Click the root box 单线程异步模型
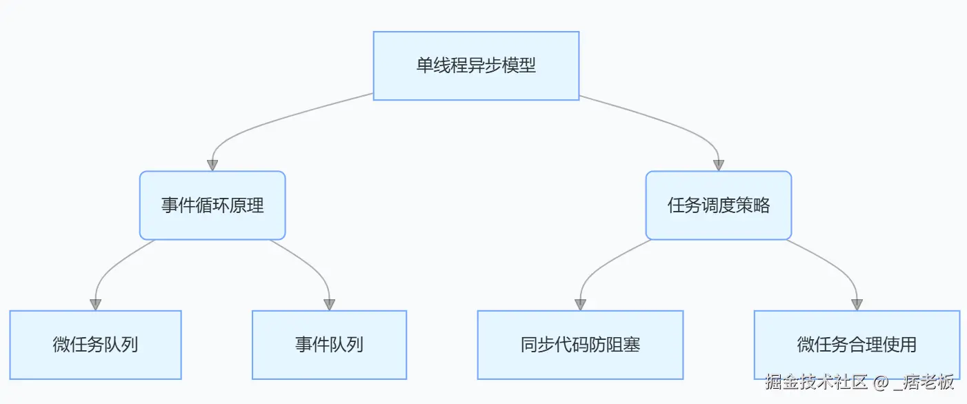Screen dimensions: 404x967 click(476, 65)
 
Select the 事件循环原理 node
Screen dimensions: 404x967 click(212, 205)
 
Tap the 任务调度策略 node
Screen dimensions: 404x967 click(718, 205)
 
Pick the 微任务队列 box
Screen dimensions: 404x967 click(95, 345)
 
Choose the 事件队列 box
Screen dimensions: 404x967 click(329, 345)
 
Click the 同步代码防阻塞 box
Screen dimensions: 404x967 click(580, 345)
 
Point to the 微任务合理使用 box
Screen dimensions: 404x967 click(857, 345)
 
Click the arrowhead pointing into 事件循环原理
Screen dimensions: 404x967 click(212, 165)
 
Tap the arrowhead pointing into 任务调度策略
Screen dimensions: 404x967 click(719, 165)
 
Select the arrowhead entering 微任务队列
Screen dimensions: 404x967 click(95, 305)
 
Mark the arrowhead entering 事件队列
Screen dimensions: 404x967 click(329, 305)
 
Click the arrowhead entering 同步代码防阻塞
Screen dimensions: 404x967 click(581, 305)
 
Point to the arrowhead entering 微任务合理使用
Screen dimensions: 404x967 click(857, 305)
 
